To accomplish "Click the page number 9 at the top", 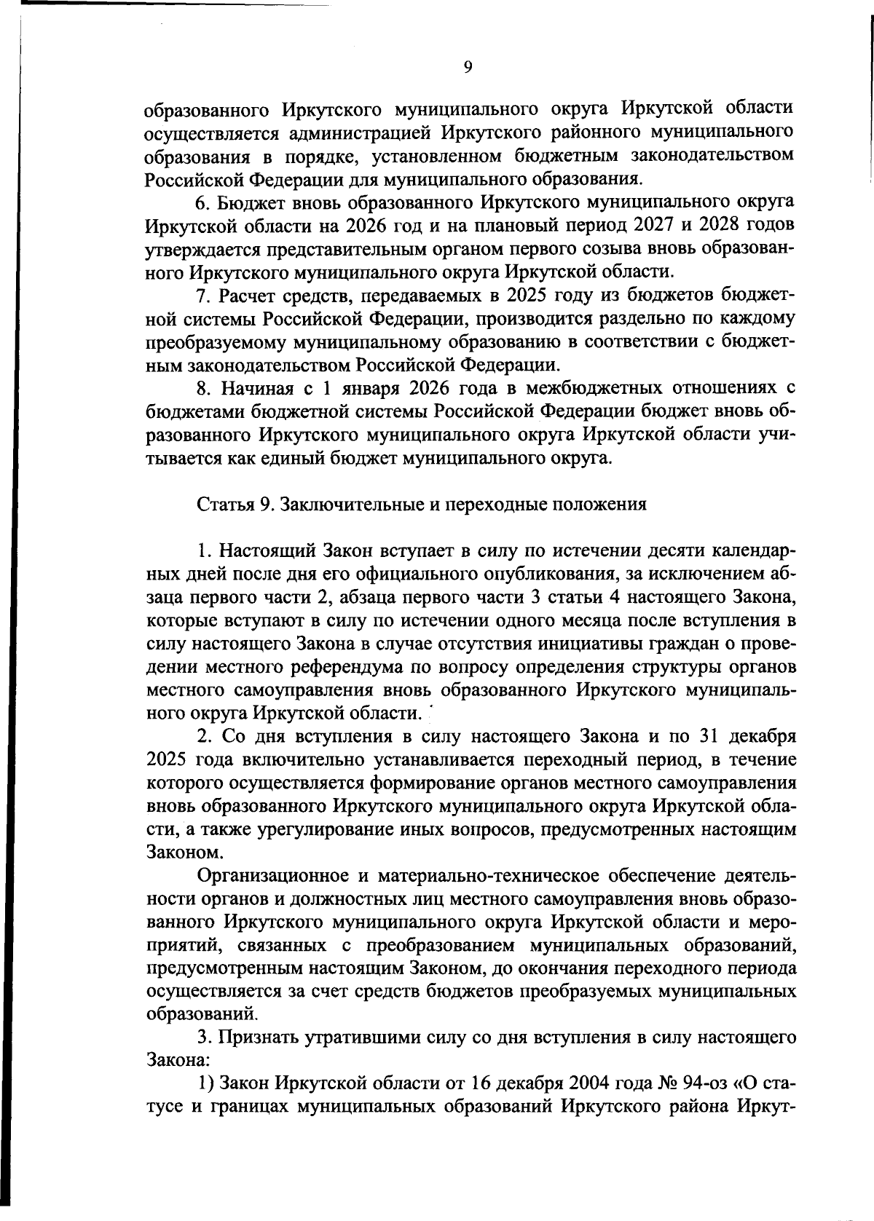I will point(468,67).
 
